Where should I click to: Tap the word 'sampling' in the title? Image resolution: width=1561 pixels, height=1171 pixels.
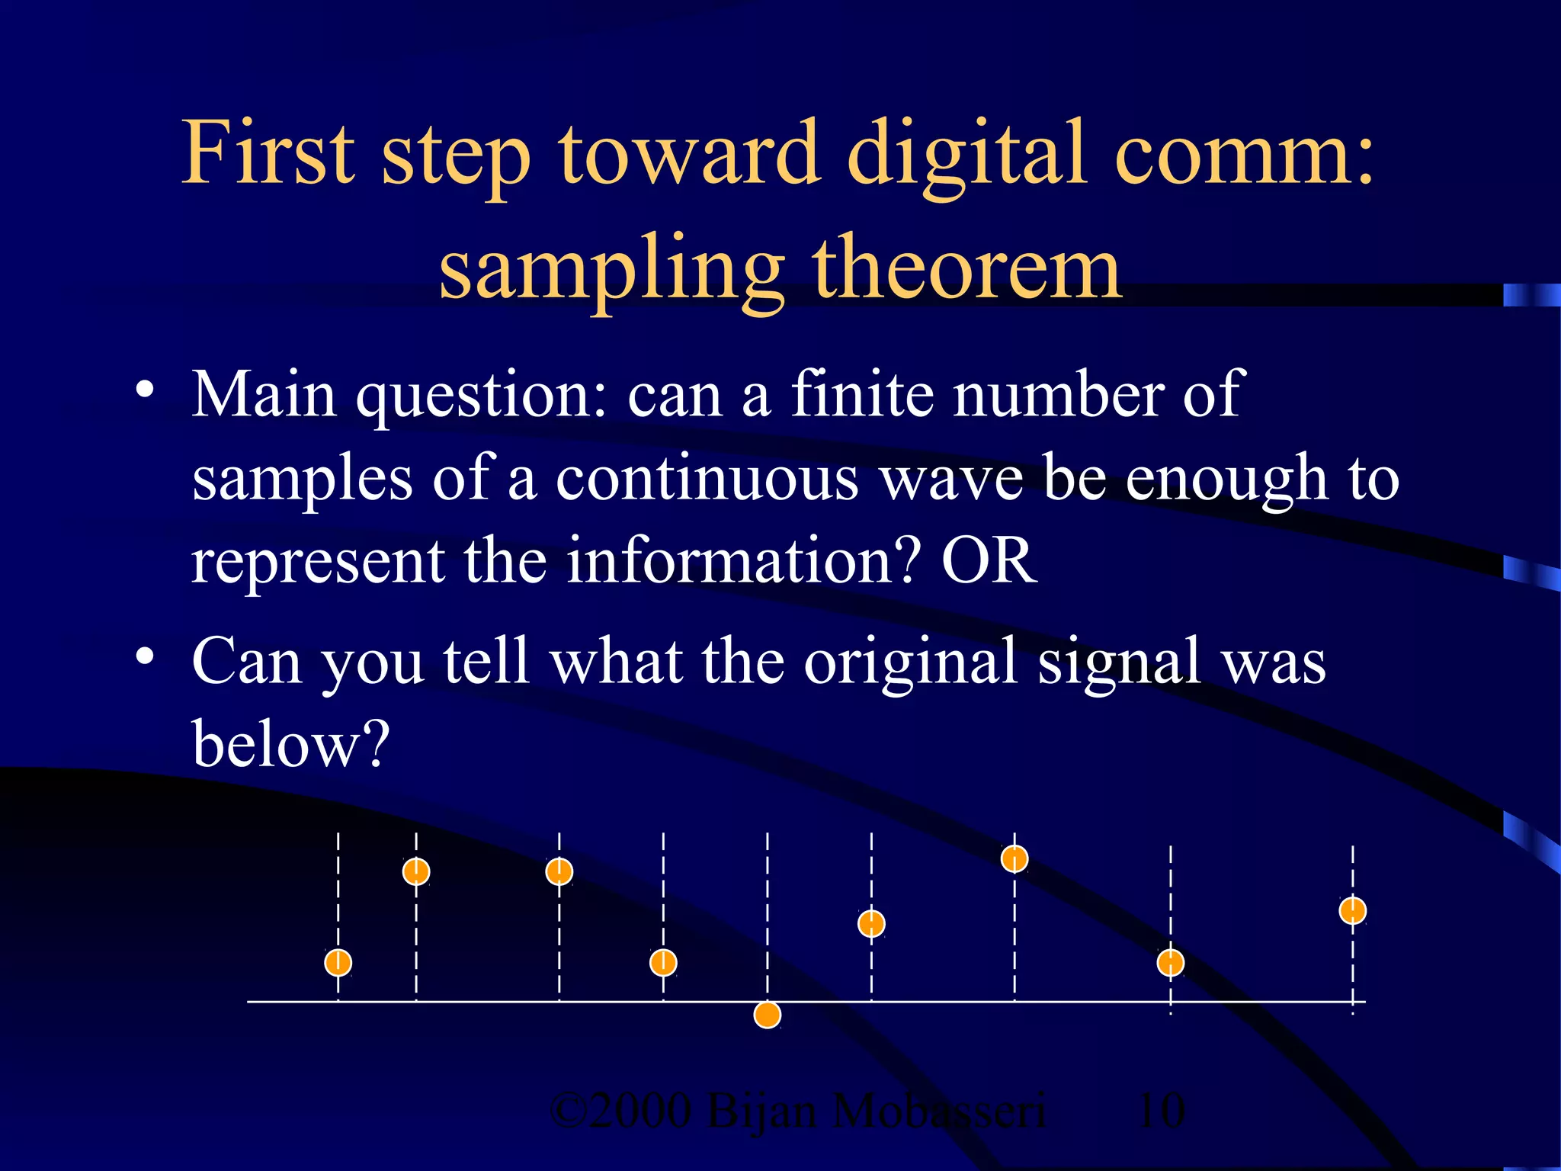(x=611, y=271)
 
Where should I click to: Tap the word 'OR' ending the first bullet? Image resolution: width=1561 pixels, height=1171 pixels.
(x=989, y=560)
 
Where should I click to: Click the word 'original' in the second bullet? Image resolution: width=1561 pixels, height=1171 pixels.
(x=911, y=662)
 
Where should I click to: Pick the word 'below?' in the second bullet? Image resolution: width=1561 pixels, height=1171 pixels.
(x=290, y=743)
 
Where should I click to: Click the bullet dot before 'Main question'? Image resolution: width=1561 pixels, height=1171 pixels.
(x=144, y=390)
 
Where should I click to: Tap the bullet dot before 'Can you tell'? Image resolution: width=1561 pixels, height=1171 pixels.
(x=144, y=656)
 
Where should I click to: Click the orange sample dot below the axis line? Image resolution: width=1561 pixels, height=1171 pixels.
(x=768, y=1015)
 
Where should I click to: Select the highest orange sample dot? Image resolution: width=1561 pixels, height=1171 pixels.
(x=1014, y=859)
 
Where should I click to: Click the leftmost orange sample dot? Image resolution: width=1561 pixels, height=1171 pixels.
(x=338, y=963)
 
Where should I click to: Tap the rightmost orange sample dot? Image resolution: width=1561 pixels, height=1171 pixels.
(x=1353, y=910)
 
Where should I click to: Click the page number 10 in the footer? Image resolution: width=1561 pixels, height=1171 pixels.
(x=1161, y=1111)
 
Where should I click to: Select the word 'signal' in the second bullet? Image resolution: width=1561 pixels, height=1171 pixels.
(x=1119, y=662)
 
